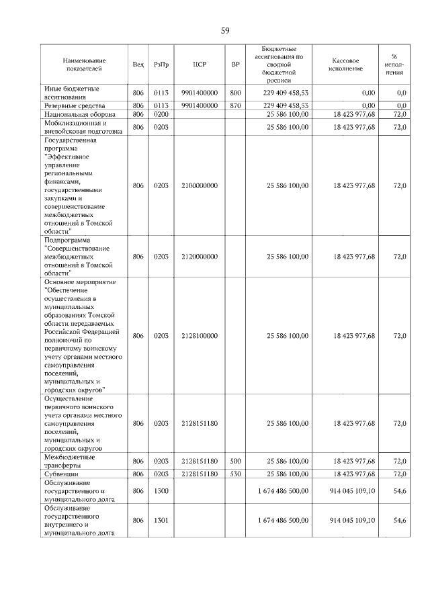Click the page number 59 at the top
226,31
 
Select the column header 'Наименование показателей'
81,64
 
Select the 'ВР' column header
235,64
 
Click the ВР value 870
235,105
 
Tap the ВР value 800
235,93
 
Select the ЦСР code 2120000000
199,257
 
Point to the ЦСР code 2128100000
199,335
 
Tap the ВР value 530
235,474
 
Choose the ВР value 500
235,462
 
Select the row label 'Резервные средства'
74,105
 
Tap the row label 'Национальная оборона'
78,115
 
